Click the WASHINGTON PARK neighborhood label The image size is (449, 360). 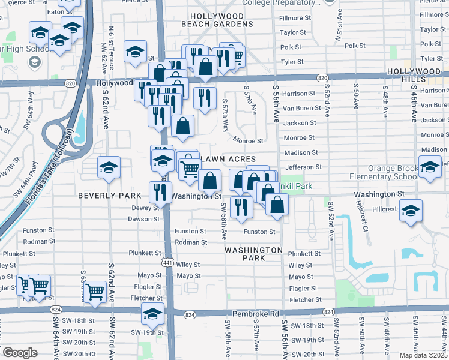[x=253, y=254]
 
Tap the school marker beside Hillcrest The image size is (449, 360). [x=411, y=211]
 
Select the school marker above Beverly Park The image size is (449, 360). [x=109, y=167]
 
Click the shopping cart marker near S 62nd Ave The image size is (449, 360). [x=95, y=292]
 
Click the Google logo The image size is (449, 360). [x=20, y=353]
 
